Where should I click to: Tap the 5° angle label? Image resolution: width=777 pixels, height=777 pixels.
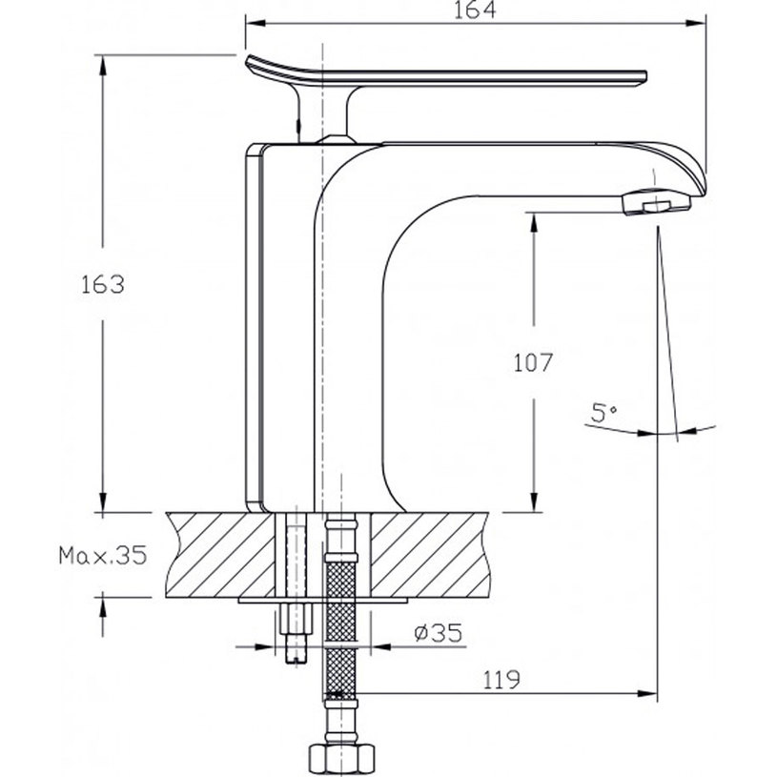coord(603,413)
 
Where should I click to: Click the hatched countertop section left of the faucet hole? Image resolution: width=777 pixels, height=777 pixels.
coord(219,553)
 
